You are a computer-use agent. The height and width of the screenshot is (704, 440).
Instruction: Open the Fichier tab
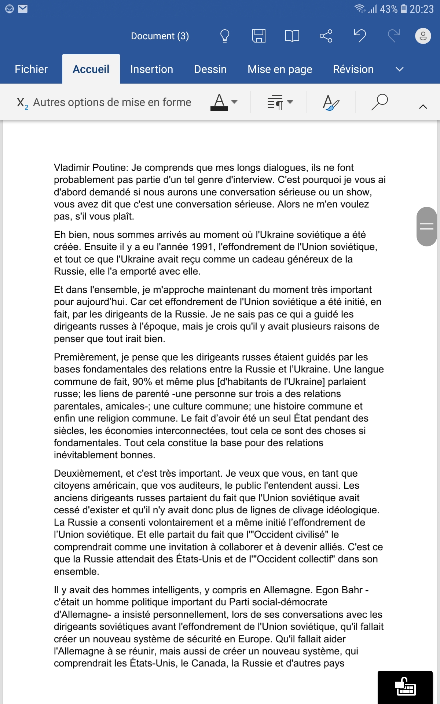point(31,69)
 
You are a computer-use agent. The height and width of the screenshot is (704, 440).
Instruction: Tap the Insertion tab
point(151,69)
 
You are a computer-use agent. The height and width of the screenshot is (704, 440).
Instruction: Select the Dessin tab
point(210,69)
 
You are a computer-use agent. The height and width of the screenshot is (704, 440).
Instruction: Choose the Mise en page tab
point(280,69)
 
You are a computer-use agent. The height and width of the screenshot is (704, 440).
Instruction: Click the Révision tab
point(353,69)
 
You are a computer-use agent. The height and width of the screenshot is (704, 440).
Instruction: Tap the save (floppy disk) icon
point(258,36)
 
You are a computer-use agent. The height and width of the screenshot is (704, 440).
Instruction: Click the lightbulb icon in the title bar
point(224,36)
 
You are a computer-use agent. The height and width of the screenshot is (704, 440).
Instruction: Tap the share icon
point(326,36)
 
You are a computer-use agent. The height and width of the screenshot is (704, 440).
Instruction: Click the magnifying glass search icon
point(379,102)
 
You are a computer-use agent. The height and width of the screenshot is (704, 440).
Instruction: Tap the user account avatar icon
point(423,36)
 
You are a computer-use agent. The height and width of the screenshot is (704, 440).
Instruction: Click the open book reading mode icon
point(292,36)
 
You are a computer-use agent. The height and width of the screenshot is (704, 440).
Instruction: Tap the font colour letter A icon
point(219,102)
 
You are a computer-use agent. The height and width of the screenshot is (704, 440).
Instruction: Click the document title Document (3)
point(160,36)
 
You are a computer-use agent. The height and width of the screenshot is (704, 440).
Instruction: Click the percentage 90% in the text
point(142,382)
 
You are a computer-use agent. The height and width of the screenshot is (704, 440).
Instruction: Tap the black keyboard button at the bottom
point(405,687)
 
